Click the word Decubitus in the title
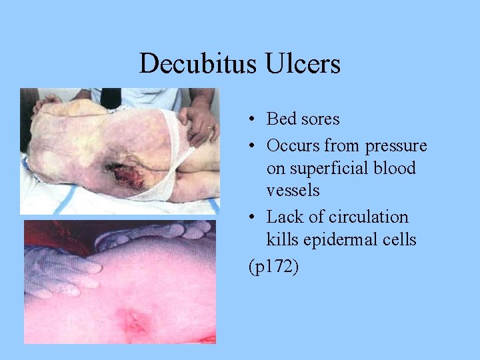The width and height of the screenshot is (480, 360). (193, 64)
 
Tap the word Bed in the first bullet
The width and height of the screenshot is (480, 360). (281, 119)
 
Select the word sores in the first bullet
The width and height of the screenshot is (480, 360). (319, 119)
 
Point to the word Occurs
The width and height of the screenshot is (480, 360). (293, 145)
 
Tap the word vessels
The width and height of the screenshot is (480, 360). (293, 191)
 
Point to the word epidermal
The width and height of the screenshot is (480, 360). (340, 240)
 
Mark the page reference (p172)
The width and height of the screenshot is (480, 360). (273, 267)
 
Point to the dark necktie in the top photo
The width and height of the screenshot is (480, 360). (109, 97)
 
